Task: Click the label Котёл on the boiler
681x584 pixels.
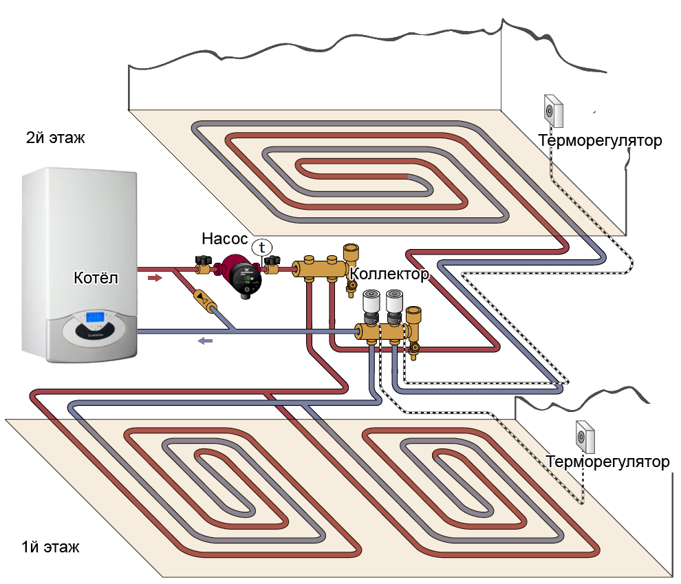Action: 96,279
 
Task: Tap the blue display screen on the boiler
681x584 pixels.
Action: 95,318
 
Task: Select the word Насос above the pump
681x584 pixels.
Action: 224,239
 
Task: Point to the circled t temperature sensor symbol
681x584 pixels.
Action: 261,247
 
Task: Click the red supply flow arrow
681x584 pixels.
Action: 155,278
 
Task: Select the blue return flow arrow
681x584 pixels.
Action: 205,340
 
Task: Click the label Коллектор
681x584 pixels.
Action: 389,274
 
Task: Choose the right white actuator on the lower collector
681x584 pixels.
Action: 395,303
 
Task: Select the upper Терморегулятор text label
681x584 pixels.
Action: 600,142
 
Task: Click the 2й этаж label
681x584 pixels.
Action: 55,138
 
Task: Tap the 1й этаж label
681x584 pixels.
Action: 50,548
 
